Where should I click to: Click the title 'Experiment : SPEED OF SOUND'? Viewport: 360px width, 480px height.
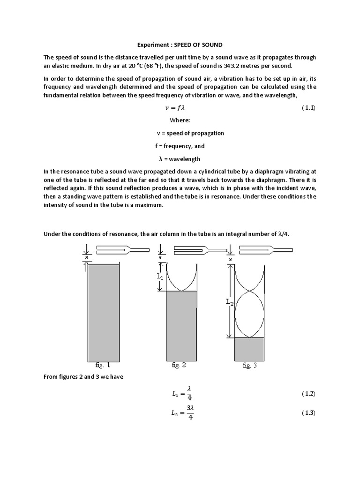[180, 45]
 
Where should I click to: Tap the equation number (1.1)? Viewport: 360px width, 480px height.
[308, 108]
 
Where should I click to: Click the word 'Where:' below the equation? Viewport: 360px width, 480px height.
[180, 120]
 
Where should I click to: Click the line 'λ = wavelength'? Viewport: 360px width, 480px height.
[180, 159]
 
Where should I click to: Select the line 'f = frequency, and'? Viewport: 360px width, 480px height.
[180, 146]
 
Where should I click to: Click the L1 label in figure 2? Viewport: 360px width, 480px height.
[160, 277]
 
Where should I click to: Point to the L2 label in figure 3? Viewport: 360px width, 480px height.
[229, 303]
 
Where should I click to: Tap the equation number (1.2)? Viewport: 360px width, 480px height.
[308, 394]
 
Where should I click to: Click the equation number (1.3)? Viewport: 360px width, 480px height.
[308, 413]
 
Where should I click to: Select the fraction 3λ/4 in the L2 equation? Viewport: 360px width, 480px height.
[190, 413]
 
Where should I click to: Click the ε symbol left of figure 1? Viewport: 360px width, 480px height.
[86, 257]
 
